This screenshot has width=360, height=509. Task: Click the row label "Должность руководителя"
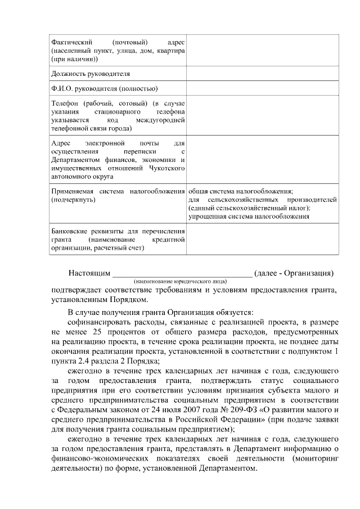click(x=91, y=74)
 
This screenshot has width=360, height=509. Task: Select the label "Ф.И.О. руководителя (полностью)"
click(x=104, y=88)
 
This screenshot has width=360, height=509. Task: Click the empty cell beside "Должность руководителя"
click(x=263, y=74)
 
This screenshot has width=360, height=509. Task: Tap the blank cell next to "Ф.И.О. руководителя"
click(x=263, y=88)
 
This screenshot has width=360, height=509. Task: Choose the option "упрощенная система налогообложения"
click(x=249, y=216)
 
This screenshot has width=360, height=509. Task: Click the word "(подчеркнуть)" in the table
click(x=73, y=200)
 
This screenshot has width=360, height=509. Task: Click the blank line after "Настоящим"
click(x=182, y=273)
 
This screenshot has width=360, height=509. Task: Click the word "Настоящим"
click(x=89, y=273)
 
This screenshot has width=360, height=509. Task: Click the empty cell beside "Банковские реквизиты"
click(x=263, y=239)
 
